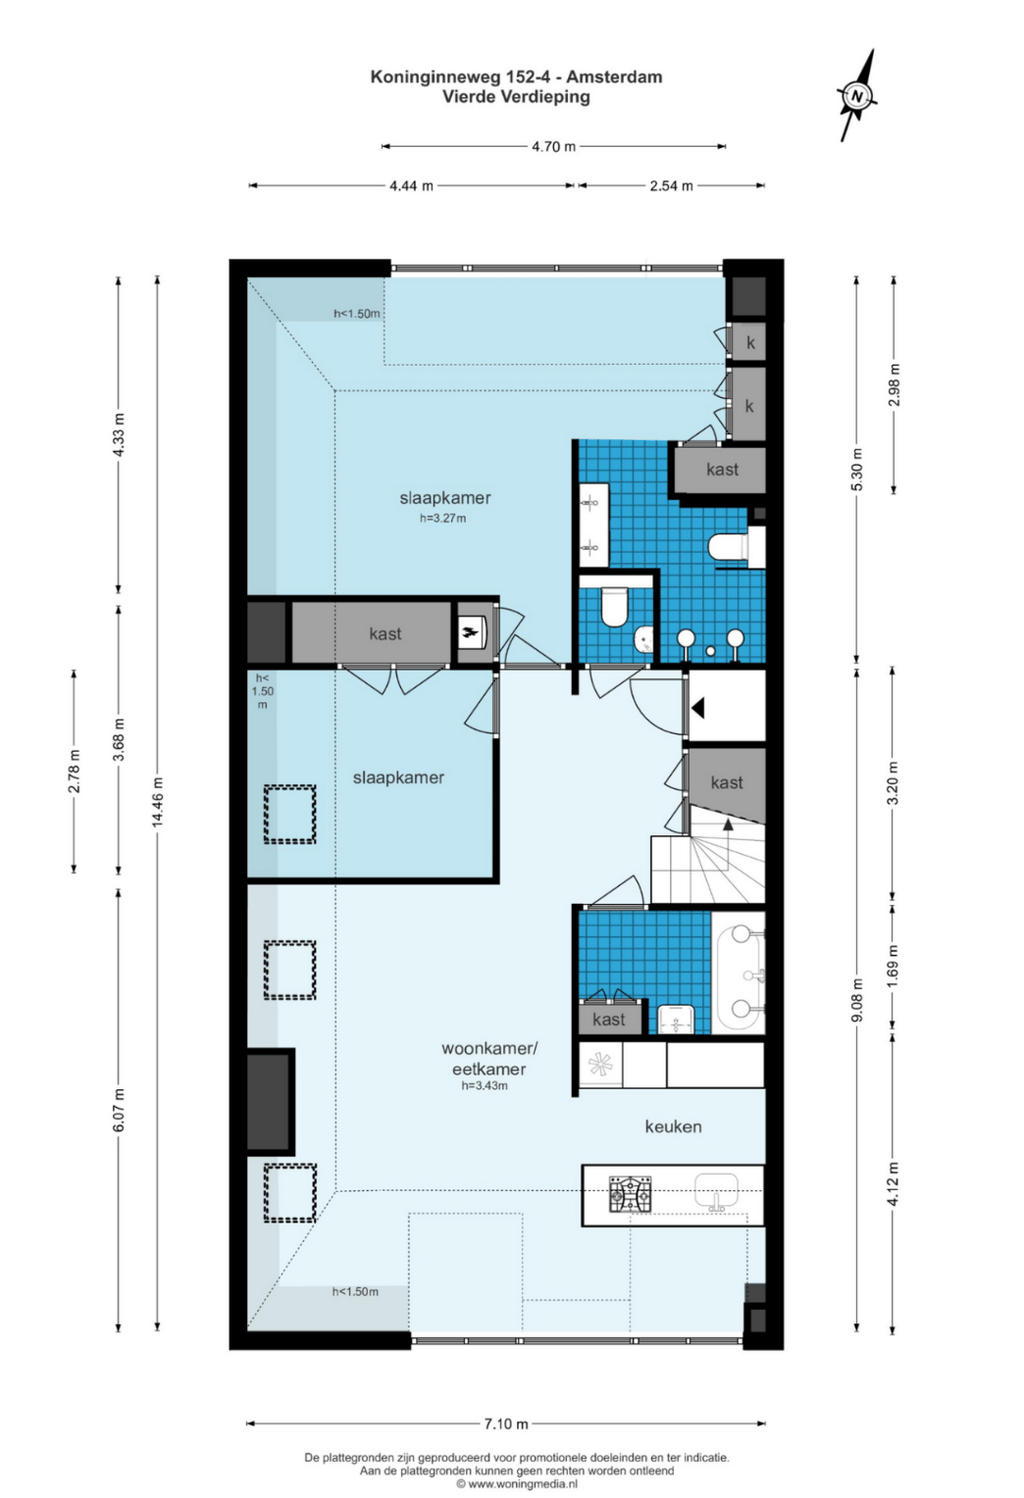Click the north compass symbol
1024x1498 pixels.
click(x=857, y=95)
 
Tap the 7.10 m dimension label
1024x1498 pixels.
click(x=506, y=1423)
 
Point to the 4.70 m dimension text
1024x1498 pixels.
click(x=553, y=146)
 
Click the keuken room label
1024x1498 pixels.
click(x=673, y=1126)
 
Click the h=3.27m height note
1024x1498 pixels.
click(x=443, y=518)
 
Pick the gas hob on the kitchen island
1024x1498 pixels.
click(x=630, y=1193)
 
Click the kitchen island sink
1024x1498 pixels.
click(x=717, y=1192)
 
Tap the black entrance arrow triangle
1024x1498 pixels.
click(x=698, y=708)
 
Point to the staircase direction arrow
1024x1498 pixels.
click(x=728, y=846)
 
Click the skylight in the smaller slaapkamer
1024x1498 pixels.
click(x=289, y=814)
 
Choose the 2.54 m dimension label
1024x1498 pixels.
click(x=671, y=186)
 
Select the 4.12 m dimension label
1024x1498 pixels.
click(x=895, y=1182)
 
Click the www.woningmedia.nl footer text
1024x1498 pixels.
click(x=516, y=1483)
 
